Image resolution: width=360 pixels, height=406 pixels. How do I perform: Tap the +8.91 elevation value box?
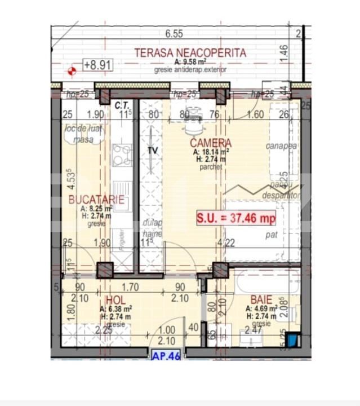[98, 65]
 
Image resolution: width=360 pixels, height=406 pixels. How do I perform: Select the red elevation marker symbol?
[71, 71]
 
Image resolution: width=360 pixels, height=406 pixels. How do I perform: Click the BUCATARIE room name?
[92, 199]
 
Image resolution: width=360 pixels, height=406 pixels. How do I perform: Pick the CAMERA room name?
[210, 143]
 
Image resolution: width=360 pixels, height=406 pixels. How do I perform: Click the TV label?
[152, 151]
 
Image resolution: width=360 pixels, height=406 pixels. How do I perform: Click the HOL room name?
[115, 300]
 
